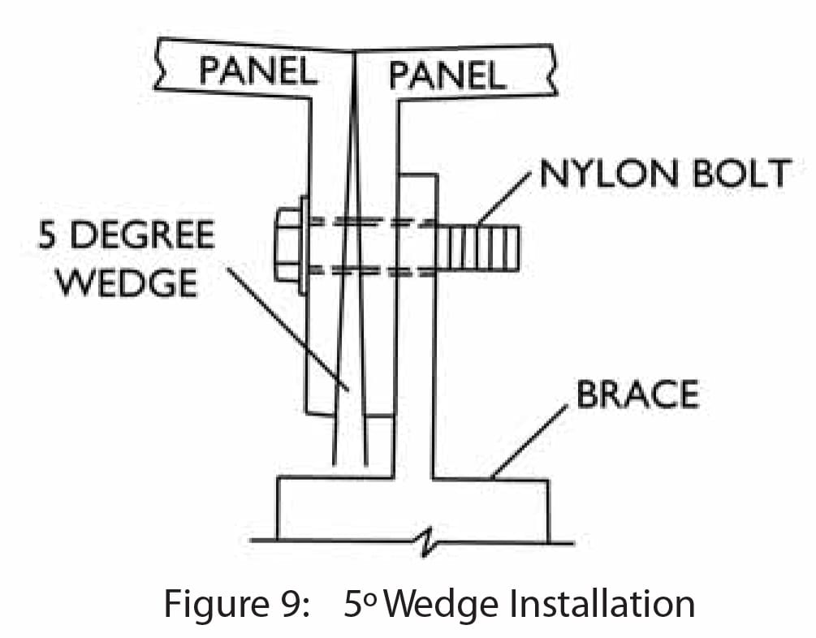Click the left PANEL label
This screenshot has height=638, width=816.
[257, 71]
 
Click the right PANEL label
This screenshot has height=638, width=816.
[447, 75]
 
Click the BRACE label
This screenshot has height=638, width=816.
[637, 394]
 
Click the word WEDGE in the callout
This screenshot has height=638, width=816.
[130, 283]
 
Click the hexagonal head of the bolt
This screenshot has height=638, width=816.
[287, 244]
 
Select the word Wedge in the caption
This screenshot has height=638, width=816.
[429, 604]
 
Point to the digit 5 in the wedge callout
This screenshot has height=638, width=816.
[48, 235]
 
